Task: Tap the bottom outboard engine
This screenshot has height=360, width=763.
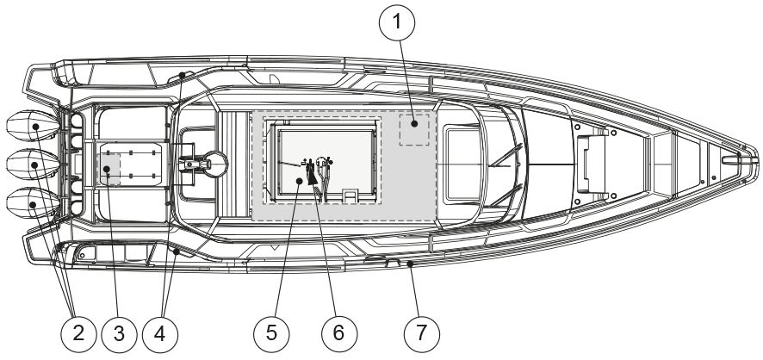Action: pos(32,204)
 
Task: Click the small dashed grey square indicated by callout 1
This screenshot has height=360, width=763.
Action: pos(414,128)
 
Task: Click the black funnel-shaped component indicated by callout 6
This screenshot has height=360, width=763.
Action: pos(311,177)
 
